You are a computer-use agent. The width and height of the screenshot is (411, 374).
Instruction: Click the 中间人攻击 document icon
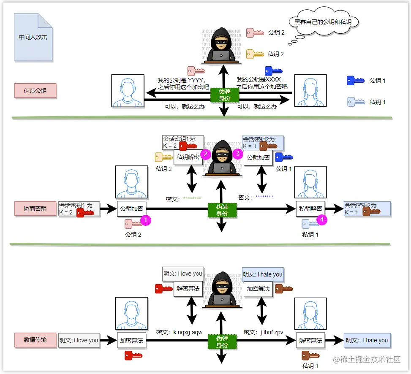33,37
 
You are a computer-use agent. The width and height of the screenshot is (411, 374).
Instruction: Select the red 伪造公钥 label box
35,91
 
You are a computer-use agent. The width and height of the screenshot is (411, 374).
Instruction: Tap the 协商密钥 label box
35,209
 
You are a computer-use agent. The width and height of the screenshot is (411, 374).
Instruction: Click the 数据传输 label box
35,340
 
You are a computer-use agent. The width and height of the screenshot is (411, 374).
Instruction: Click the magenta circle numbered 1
145,220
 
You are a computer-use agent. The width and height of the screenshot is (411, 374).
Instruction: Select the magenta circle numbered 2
206,154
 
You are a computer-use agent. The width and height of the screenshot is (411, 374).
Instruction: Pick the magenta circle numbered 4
322,220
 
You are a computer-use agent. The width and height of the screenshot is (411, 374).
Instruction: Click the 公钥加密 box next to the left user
132,209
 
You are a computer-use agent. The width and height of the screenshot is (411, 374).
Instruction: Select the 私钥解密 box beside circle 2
188,157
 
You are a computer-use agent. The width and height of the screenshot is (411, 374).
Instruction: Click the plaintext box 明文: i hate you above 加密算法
263,274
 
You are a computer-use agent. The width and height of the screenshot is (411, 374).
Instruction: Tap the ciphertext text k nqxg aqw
188,332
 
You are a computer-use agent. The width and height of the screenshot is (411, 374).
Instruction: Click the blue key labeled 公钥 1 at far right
355,80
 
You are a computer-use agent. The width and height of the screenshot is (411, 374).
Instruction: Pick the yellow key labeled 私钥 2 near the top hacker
255,54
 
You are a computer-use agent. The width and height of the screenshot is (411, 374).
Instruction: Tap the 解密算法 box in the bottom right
310,340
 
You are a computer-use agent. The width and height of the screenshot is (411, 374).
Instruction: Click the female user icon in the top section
310,91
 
